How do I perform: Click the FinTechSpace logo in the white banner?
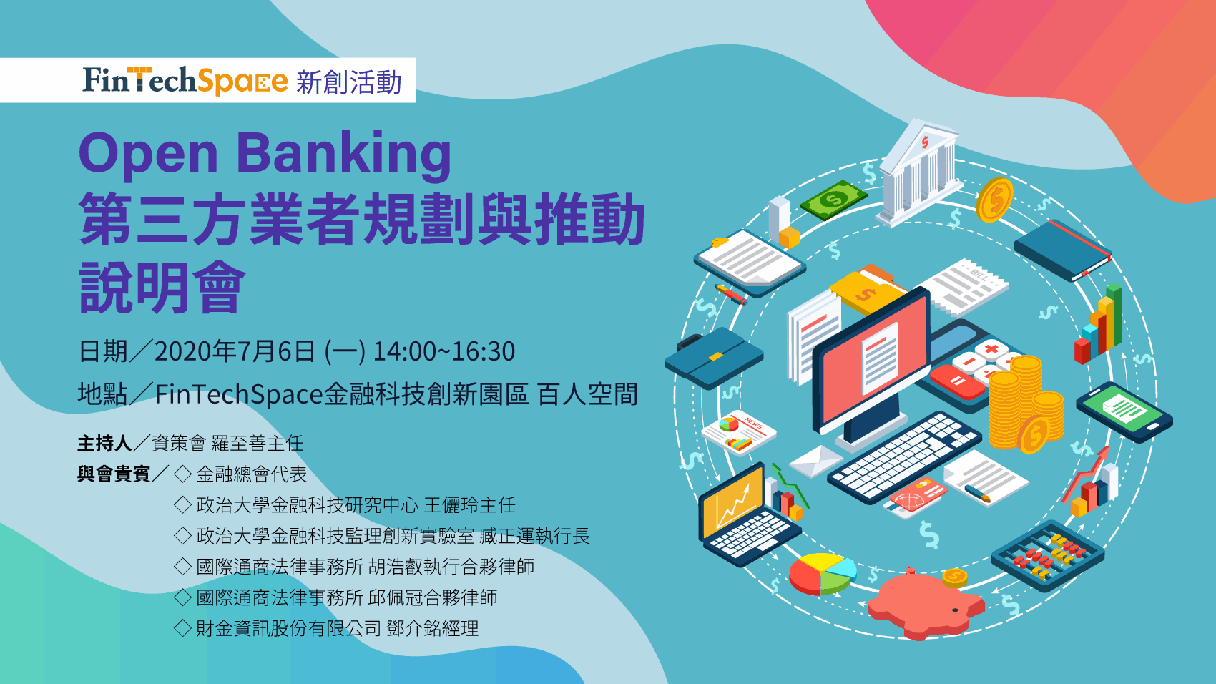point(185,80)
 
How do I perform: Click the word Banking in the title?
point(343,155)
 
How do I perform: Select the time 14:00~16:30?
point(444,351)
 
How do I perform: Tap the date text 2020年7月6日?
point(235,351)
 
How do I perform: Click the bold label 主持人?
point(104,444)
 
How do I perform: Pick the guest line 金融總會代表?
point(251,474)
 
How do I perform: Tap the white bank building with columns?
point(918,172)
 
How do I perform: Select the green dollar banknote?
point(833,200)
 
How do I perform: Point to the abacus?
point(1048,555)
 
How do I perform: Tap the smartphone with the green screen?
point(1124,411)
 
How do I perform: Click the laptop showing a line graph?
point(745,513)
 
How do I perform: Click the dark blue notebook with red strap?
point(1062,250)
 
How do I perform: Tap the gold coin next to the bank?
point(994,200)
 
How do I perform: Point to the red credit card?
point(916,497)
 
